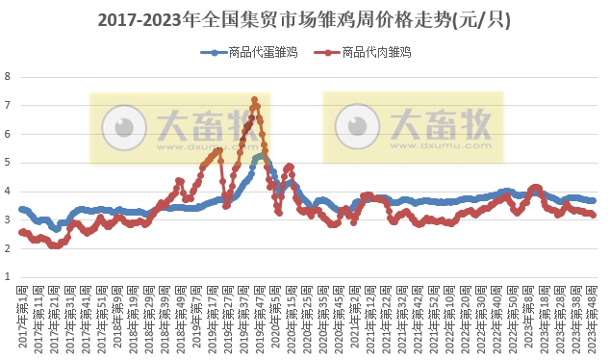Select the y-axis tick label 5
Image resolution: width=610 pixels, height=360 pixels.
tap(9, 162)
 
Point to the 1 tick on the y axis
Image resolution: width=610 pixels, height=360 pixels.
tap(9, 277)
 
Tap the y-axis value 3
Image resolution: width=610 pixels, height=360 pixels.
tap(9, 219)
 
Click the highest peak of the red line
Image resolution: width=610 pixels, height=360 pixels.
tap(254, 99)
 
